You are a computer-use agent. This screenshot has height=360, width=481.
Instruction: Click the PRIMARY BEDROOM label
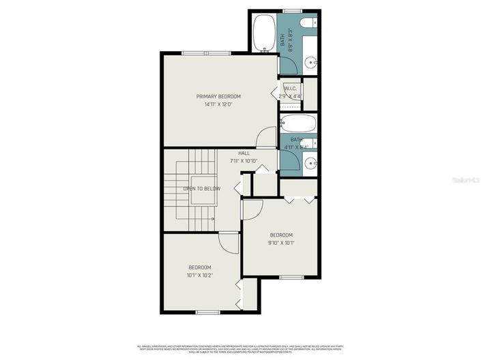click(x=218, y=97)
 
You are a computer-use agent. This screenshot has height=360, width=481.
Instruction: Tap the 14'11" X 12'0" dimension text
click(x=218, y=105)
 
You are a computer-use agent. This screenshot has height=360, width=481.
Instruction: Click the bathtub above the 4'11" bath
click(x=298, y=124)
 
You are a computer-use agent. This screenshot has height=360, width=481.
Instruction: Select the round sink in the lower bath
click(x=311, y=162)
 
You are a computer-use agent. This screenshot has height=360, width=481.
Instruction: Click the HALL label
click(x=244, y=153)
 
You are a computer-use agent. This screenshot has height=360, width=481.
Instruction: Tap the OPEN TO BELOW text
click(x=201, y=189)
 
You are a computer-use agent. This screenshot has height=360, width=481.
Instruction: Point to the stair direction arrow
click(x=212, y=219)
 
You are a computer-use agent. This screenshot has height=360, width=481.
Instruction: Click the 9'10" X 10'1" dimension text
click(x=280, y=243)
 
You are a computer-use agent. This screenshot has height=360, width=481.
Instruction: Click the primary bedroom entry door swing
click(x=266, y=138)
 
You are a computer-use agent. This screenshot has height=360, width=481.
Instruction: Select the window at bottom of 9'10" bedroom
click(x=291, y=276)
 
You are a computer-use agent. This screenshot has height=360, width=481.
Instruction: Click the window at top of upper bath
click(x=292, y=11)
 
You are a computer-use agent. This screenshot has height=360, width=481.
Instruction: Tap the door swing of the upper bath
click(x=287, y=65)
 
